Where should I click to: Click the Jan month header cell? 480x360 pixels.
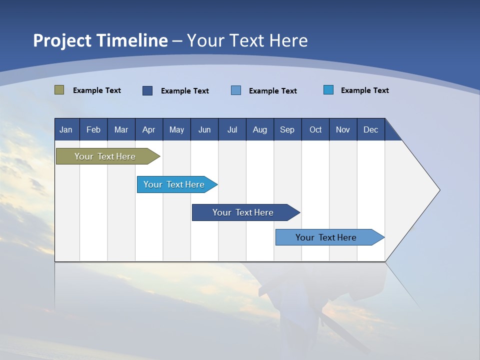point(66,129)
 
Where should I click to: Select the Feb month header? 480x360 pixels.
point(93,129)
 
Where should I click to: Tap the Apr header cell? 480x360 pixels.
point(149,129)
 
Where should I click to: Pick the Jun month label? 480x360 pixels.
point(204,129)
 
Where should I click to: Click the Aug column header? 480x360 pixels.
point(260,129)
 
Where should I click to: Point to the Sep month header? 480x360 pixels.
point(287,129)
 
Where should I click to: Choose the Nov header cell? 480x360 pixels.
point(343,129)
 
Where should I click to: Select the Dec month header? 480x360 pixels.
point(371,129)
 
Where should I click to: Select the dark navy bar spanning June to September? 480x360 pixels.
point(243,212)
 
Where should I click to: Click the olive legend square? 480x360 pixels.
point(59,90)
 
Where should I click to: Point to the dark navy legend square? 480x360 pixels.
point(147,90)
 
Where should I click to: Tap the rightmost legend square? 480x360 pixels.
point(328,90)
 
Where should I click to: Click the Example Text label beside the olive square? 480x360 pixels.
point(97,90)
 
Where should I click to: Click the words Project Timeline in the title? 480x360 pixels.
point(100,40)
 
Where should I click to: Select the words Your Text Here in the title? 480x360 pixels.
point(247,40)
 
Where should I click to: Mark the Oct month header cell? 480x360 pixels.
point(315,129)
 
